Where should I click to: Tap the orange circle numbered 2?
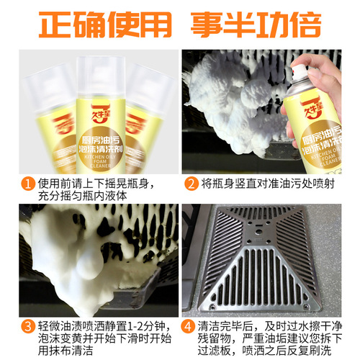[190, 182]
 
